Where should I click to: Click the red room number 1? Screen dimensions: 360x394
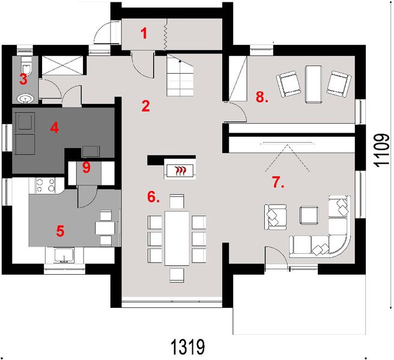click(144, 32)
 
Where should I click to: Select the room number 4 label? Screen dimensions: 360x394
click(55, 127)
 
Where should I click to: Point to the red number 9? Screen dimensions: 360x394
click(86, 168)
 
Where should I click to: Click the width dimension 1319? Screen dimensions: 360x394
click(189, 347)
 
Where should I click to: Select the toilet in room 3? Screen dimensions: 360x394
click(24, 63)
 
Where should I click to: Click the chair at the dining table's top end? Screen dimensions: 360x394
click(177, 200)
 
